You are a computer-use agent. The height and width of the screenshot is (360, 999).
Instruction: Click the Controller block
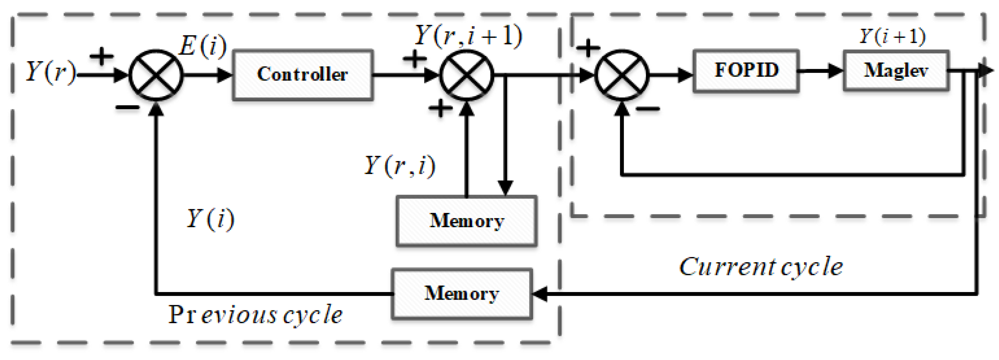pyautogui.click(x=302, y=75)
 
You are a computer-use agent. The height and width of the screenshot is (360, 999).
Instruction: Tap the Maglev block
pyautogui.click(x=896, y=71)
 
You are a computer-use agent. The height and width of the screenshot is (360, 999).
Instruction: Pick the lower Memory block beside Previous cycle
pyautogui.click(x=461, y=294)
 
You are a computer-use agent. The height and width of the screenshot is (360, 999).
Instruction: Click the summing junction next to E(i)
pyautogui.click(x=156, y=75)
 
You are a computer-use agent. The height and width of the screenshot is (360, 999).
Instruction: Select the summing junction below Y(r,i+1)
pyautogui.click(x=467, y=75)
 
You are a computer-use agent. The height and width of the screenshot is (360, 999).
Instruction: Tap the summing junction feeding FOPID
pyautogui.click(x=622, y=75)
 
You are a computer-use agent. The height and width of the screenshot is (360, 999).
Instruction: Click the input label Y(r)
pyautogui.click(x=51, y=72)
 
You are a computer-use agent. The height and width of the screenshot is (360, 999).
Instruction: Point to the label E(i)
pyautogui.click(x=203, y=47)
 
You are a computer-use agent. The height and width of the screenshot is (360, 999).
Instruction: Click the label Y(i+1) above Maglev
pyautogui.click(x=892, y=37)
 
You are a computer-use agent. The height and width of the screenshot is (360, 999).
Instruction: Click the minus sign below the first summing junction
pyautogui.click(x=127, y=108)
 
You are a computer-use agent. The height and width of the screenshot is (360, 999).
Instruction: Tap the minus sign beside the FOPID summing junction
pyautogui.click(x=648, y=109)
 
